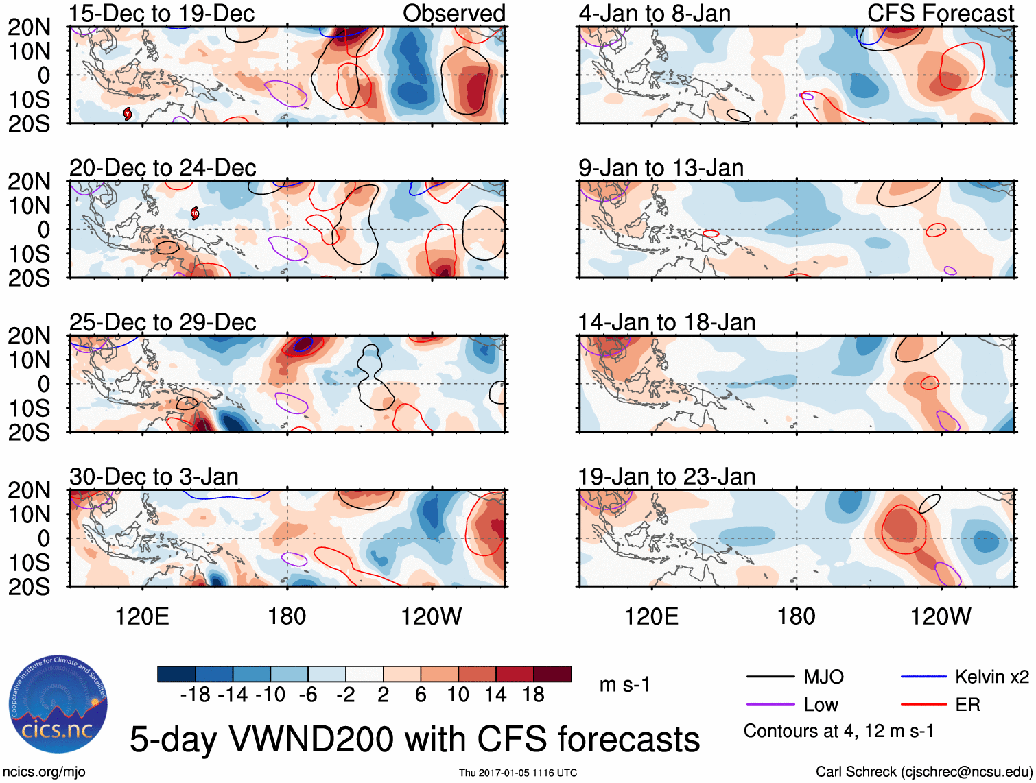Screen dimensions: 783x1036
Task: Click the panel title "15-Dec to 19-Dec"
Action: [x=162, y=13]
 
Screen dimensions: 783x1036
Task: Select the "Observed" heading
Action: [x=454, y=13]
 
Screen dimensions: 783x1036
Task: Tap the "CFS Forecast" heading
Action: [x=940, y=13]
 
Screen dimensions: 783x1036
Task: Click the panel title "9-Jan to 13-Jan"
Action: [x=661, y=168]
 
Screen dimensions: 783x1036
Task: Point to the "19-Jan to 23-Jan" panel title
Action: [x=666, y=477]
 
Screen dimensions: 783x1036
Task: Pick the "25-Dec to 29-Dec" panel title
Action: [x=163, y=322]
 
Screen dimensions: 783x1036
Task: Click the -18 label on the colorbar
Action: [x=195, y=695]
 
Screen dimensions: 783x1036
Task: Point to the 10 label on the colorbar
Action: [x=458, y=695]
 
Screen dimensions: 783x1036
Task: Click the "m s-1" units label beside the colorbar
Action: [x=624, y=685]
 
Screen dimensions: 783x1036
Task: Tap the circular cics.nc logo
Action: [x=58, y=704]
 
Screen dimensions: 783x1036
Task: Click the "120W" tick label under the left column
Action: [x=431, y=616]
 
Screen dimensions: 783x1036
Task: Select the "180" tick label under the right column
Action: [x=796, y=616]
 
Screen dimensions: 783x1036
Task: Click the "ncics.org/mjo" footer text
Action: [x=44, y=772]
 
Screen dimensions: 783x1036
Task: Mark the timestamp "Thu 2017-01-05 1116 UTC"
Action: [x=518, y=773]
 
